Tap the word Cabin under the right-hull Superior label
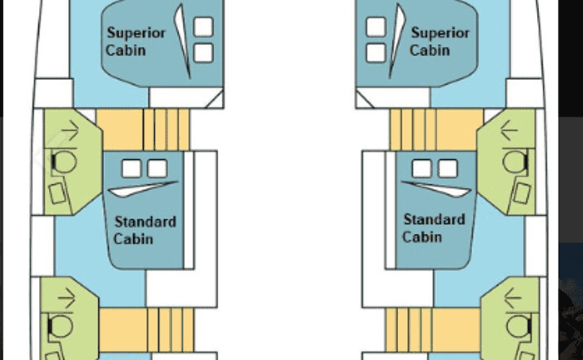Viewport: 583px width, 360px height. point(430,50)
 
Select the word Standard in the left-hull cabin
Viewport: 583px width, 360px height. point(145,222)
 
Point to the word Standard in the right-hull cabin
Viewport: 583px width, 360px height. point(433,220)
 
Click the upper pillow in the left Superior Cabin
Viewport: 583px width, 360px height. point(204,27)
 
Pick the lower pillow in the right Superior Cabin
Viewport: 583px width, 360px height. point(375,53)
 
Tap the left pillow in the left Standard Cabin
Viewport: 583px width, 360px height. point(131,168)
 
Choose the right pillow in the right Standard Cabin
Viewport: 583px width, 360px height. point(448,168)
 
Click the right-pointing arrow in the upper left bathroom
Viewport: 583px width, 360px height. point(70,130)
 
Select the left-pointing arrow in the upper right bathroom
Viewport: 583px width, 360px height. point(510,130)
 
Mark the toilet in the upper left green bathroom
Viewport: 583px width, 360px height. point(65,162)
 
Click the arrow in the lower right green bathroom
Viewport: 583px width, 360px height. point(512,294)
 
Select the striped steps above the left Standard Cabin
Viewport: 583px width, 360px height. point(165,130)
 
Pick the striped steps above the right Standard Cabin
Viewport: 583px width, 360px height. point(413,130)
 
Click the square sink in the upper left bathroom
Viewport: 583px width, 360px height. point(57,193)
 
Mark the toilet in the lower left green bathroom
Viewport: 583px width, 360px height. point(63,328)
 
